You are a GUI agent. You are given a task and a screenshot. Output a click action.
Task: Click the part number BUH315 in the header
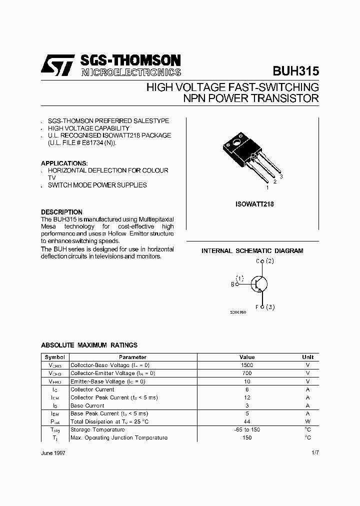coord(295,71)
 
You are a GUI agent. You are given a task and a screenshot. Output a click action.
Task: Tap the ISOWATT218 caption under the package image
coord(254,204)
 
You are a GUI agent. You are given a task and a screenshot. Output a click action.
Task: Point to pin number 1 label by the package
coord(268,187)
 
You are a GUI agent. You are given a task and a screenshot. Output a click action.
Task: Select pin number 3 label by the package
coord(281,176)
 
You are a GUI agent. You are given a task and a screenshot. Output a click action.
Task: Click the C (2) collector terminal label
coord(264,261)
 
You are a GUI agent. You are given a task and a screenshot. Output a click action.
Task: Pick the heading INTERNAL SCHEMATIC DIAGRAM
coord(252,251)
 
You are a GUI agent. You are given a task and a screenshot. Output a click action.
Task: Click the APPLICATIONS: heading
coord(64,163)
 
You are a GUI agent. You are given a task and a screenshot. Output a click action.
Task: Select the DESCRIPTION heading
coord(61,212)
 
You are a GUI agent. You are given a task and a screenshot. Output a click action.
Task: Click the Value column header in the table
coord(247,357)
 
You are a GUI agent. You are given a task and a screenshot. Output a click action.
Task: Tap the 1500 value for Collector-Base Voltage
coord(247,365)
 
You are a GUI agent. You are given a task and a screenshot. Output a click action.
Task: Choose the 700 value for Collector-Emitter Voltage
coord(247,373)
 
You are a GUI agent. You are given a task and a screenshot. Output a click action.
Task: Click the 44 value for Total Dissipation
coord(247,421)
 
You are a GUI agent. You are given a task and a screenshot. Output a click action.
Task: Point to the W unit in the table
coord(307,421)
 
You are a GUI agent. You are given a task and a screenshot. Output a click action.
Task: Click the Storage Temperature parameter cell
coord(97,429)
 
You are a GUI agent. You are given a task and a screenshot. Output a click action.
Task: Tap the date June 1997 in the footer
coord(53,452)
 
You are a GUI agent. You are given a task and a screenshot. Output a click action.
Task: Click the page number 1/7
coord(314,452)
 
